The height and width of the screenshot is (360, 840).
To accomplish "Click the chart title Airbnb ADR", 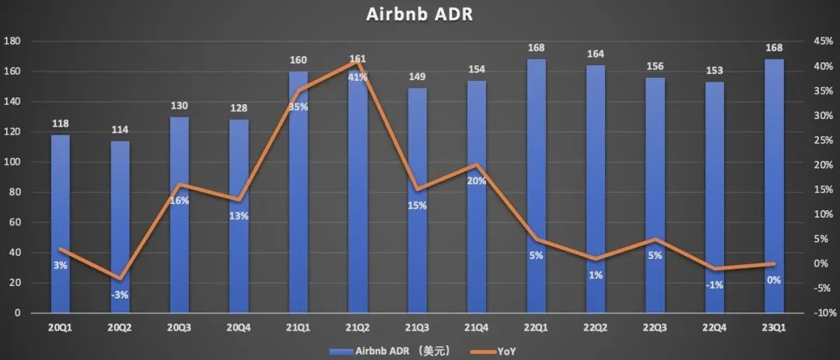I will click(x=420, y=14).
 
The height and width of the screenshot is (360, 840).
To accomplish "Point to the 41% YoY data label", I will click(x=358, y=76).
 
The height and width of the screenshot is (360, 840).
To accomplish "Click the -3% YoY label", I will click(x=119, y=295).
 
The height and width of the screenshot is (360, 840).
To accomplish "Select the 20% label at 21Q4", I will click(x=477, y=181).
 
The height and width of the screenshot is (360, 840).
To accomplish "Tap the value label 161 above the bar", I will click(x=358, y=59).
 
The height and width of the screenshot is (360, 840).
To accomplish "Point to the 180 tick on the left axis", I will click(x=14, y=40).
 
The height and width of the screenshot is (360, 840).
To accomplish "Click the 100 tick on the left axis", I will click(x=14, y=162).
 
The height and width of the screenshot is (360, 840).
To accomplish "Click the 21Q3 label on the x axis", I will click(x=418, y=327).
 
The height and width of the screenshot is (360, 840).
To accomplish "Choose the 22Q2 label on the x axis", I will click(x=596, y=327).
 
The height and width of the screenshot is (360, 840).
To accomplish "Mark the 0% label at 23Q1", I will click(x=774, y=281).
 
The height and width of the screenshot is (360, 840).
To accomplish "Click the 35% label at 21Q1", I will click(x=298, y=107).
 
